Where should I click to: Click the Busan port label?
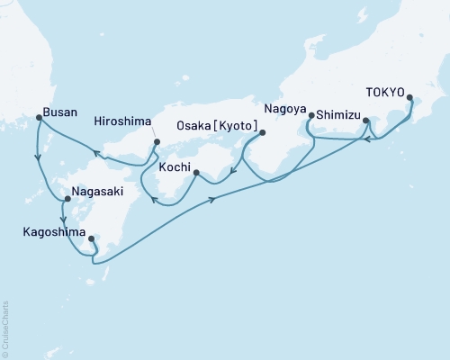(x=58, y=116)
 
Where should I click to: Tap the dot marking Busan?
(x=38, y=116)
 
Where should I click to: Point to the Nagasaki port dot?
(x=67, y=199)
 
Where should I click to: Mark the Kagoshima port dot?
(x=92, y=239)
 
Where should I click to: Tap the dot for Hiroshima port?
(x=157, y=142)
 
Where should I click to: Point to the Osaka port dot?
(x=262, y=133)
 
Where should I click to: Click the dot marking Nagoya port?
(x=310, y=116)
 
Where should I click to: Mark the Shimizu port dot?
(x=365, y=120)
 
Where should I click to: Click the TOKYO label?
(x=385, y=91)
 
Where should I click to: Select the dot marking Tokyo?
(x=410, y=98)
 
